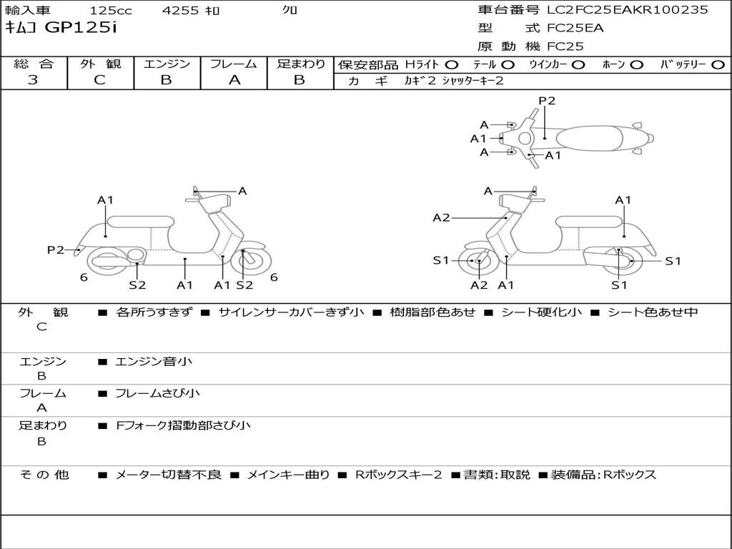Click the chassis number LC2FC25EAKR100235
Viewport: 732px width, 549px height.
(627, 10)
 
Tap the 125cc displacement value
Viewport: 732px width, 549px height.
(111, 11)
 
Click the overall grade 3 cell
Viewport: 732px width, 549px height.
(33, 80)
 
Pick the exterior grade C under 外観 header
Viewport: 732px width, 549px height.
(99, 80)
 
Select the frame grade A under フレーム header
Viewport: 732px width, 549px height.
(234, 80)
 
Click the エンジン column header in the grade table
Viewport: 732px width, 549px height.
(167, 64)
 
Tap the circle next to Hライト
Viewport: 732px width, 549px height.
(452, 64)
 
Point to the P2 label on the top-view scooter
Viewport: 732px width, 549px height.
(547, 101)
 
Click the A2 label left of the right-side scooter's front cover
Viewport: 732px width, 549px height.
(441, 218)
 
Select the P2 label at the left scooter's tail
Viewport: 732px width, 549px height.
(55, 249)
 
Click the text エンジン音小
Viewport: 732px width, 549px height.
(154, 362)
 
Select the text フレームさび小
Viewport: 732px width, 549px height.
(157, 393)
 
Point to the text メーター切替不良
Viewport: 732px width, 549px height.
(169, 475)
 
